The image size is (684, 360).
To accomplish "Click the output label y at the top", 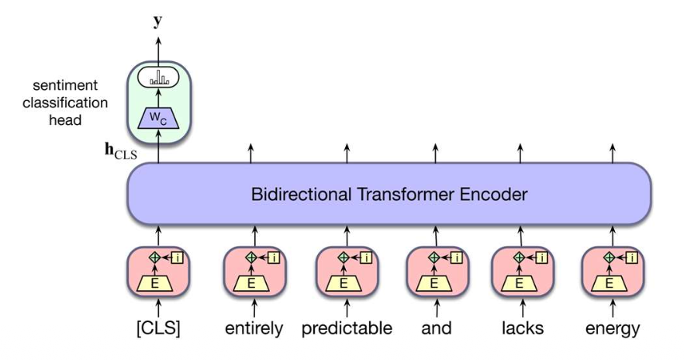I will [157, 21].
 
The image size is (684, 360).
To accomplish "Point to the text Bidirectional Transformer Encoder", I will [389, 195].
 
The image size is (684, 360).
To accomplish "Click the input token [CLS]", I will [158, 328].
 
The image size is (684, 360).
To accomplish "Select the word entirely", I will [254, 328].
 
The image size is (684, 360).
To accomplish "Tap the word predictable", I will [347, 328].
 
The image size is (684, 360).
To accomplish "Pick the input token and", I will [437, 328].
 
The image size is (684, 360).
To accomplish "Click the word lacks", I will [522, 328].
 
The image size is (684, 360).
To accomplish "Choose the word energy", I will [613, 328].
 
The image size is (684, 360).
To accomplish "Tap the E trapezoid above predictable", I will [345, 284].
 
